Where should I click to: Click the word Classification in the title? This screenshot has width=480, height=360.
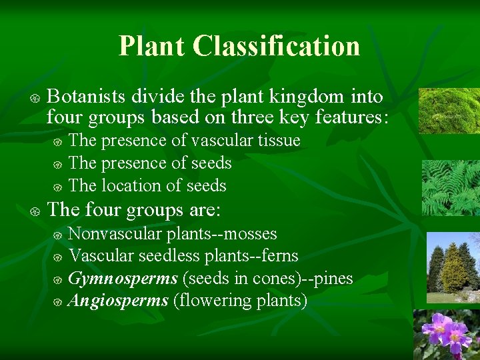(277, 46)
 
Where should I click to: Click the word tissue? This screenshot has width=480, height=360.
(279, 141)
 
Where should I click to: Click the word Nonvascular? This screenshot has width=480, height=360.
(115, 234)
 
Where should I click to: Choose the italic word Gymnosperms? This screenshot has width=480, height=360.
(123, 279)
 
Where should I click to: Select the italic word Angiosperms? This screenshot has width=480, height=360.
(118, 301)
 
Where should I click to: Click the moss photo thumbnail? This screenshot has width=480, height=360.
(449, 111)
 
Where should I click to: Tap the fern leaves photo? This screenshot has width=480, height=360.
(450, 188)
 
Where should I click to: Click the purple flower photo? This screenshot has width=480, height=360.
(447, 335)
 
